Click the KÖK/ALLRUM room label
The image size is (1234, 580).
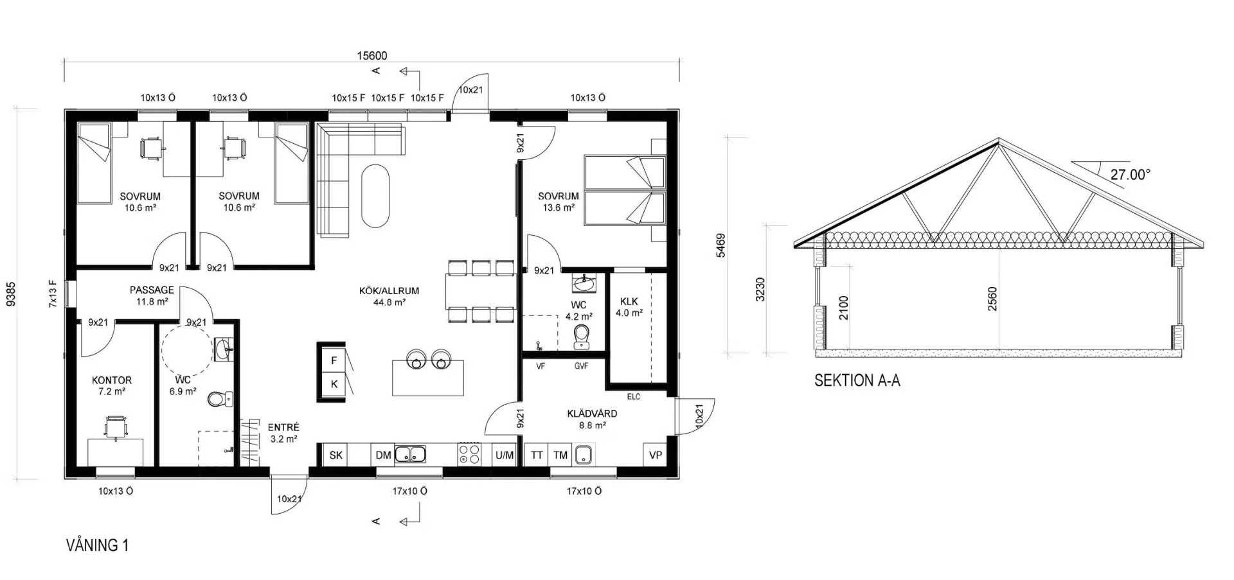[389, 290]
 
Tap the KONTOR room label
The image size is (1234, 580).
[112, 380]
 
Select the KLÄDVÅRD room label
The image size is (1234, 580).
[592, 414]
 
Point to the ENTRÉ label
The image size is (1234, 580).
[283, 427]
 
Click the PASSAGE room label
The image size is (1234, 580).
[152, 290]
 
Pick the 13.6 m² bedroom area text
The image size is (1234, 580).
[559, 208]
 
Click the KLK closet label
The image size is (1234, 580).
[629, 301]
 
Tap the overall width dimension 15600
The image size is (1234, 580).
[372, 56]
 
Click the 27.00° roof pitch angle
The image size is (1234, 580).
[1130, 174]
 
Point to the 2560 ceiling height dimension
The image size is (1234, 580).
[992, 299]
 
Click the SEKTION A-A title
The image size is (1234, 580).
[857, 380]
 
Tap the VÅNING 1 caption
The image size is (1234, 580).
[98, 545]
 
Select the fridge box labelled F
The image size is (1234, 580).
[334, 360]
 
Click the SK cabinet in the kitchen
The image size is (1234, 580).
[336, 455]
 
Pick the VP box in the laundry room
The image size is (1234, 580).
[656, 455]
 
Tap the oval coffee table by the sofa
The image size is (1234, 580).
[375, 196]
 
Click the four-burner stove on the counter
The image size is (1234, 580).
[469, 455]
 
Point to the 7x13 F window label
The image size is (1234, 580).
[53, 294]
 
